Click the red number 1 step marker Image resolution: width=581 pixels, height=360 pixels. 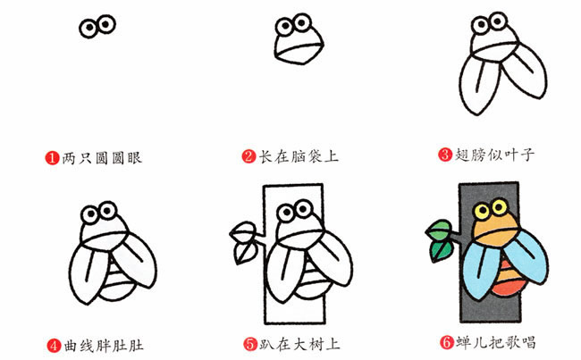click(x=53, y=157)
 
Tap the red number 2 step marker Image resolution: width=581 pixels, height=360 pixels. click(x=249, y=157)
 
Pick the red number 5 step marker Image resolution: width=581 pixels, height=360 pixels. click(x=249, y=342)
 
